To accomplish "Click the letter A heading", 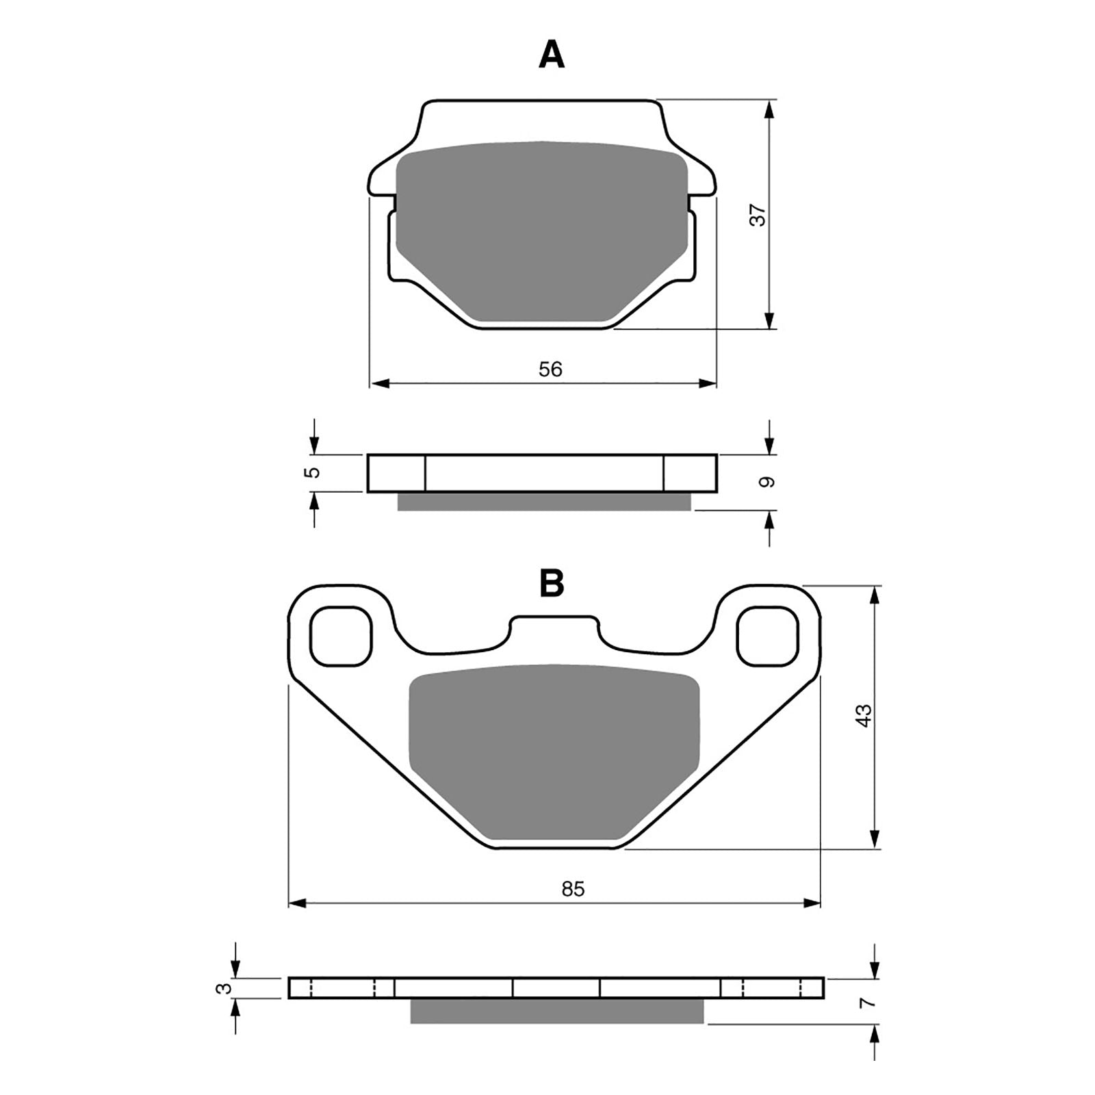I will [552, 55].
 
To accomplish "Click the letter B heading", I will [552, 583].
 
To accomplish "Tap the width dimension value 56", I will [550, 370].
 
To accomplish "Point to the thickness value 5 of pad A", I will [314, 472].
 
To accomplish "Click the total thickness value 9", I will [769, 482].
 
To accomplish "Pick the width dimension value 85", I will [573, 889].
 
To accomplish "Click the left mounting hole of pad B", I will [341, 636].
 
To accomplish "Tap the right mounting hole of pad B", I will [768, 636].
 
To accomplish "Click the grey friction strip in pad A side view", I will [544, 502].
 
